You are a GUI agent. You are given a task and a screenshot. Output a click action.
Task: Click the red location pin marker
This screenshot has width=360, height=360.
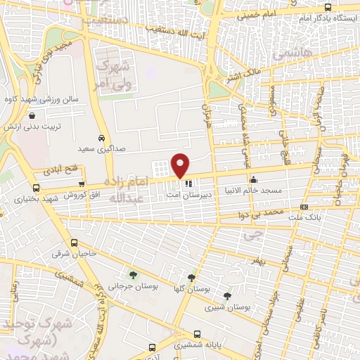pos(181,165)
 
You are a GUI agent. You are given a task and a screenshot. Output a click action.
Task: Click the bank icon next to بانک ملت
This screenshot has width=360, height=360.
pos(304,207)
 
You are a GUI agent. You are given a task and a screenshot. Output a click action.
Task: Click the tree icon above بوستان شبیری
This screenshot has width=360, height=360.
pos(226,296)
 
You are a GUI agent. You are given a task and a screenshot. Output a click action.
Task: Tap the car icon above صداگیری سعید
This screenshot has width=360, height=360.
pos(102,138)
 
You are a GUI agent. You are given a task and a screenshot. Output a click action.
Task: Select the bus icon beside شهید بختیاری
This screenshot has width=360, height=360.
pos(36,188)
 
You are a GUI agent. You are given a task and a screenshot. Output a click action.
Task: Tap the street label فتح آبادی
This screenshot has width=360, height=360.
pos(63,170)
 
